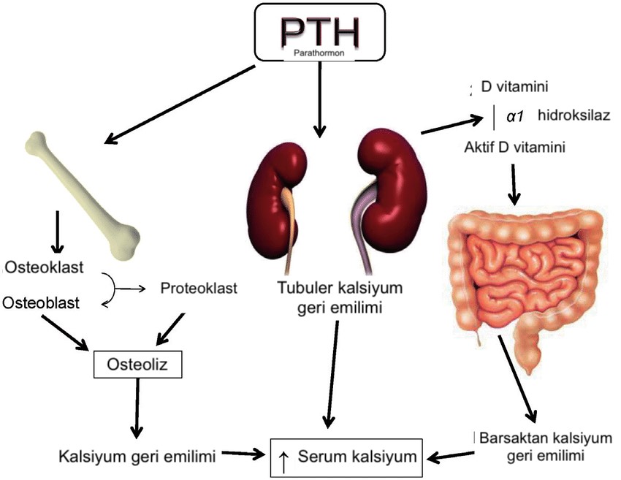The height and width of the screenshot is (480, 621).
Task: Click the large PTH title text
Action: [320, 28]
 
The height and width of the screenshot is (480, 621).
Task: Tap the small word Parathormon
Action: [320, 53]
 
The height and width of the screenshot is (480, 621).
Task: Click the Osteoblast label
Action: [43, 302]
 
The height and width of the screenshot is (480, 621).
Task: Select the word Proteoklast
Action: [199, 288]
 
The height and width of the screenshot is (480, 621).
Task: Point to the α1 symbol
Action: [517, 115]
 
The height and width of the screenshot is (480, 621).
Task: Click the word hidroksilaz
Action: [574, 115]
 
